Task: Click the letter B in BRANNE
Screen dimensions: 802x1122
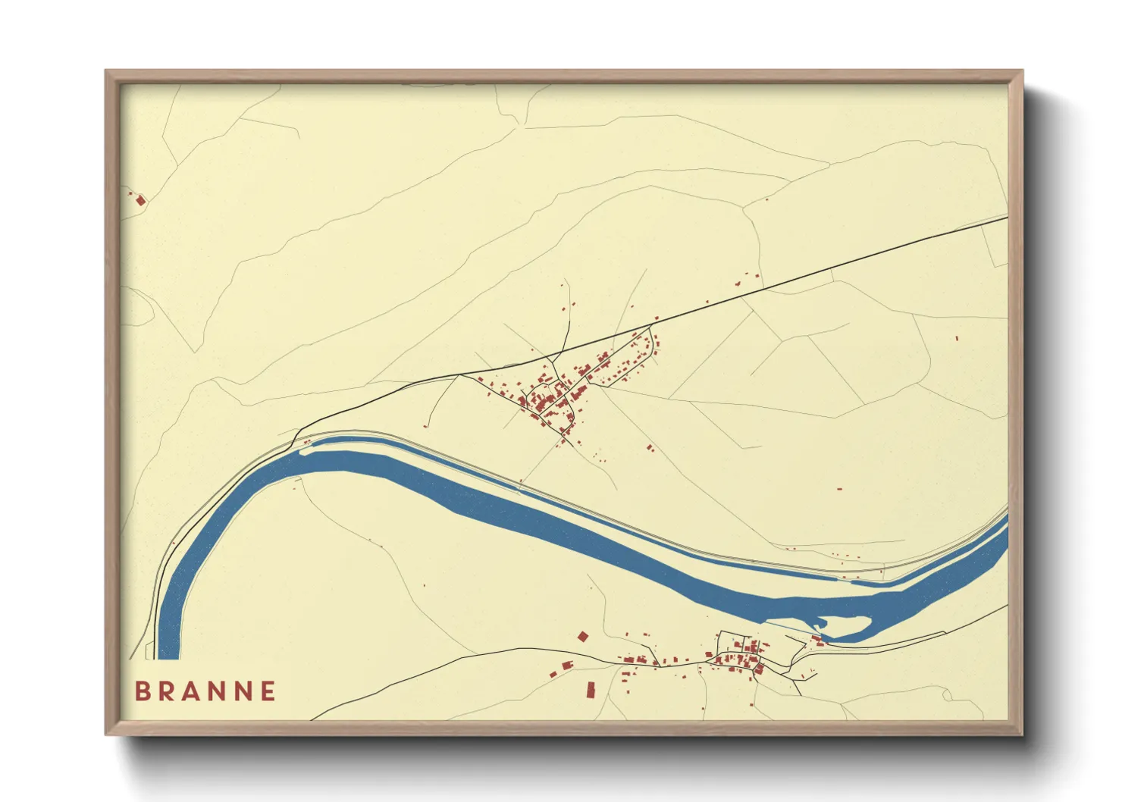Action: pyautogui.click(x=142, y=691)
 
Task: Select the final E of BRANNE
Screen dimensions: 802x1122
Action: pyautogui.click(x=268, y=691)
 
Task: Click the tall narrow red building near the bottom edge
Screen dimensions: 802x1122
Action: pyautogui.click(x=591, y=690)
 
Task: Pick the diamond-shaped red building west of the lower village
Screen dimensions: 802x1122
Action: pyautogui.click(x=582, y=637)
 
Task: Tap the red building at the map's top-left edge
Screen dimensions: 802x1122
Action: pyautogui.click(x=139, y=200)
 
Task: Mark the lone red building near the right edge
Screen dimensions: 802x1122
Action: pyautogui.click(x=956, y=338)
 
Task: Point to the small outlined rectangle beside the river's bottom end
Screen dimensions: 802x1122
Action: pyautogui.click(x=150, y=650)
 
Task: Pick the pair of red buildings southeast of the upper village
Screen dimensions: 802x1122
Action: pyautogui.click(x=650, y=448)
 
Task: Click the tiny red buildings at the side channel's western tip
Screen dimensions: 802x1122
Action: pyautogui.click(x=307, y=442)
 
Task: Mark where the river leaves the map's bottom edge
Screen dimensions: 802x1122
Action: pyautogui.click(x=168, y=656)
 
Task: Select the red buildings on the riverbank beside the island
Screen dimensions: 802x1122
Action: pyautogui.click(x=816, y=641)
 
